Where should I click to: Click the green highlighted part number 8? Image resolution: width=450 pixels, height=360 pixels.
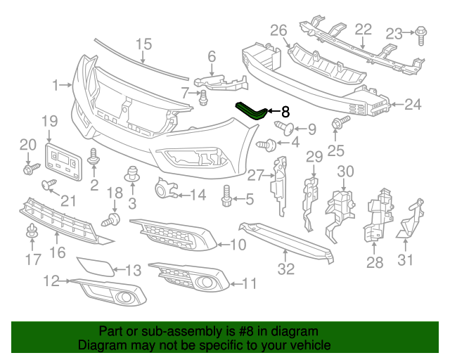pos(252,112)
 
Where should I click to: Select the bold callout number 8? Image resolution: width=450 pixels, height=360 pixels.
pos(285,111)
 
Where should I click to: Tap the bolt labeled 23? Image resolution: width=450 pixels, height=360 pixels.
pos(420,36)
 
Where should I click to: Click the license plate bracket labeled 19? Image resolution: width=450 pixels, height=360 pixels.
pos(63,162)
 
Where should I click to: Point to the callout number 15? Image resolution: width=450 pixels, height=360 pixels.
pos(143,44)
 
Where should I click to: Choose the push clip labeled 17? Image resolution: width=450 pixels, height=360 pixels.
pos(31,231)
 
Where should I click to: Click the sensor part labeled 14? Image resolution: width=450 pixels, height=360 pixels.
pos(166,188)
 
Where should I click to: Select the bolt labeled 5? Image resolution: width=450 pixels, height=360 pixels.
pos(226,196)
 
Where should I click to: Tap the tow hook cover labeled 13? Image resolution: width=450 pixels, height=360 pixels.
pos(96,266)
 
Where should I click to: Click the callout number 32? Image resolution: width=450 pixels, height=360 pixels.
pos(286,269)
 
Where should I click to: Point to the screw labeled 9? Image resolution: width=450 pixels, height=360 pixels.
pos(284,127)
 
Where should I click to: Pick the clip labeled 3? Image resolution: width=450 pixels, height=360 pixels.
pos(131,174)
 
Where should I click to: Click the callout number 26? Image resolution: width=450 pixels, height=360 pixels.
pos(278,30)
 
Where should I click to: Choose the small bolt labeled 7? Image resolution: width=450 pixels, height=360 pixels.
pos(203,98)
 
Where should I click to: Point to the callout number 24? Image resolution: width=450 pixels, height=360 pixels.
pos(413,104)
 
